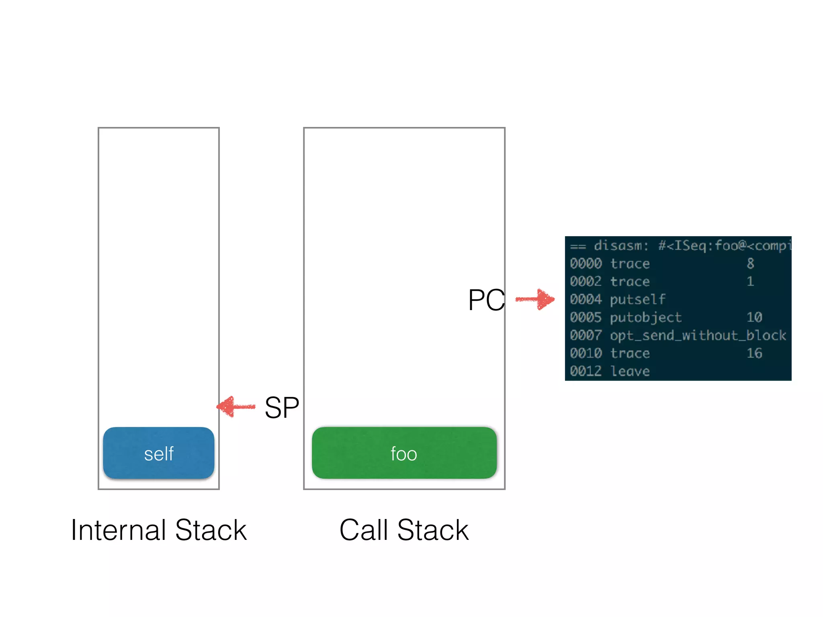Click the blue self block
coord(158,453)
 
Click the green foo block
coord(404,453)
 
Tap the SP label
coord(282,407)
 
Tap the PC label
coord(486,300)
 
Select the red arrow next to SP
coord(236,407)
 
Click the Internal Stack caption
coord(158,530)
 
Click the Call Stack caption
coord(404,530)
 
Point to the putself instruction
coord(637,299)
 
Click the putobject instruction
coord(645,317)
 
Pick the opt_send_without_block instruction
coord(698,335)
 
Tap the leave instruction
coord(629,371)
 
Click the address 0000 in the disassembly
coord(586,264)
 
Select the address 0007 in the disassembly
coord(586,335)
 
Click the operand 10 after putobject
coord(754,317)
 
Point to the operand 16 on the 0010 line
coord(754,353)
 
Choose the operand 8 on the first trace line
coord(750,264)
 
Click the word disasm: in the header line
coord(621,245)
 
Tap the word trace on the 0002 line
coord(629,281)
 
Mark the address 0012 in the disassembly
coord(586,371)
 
